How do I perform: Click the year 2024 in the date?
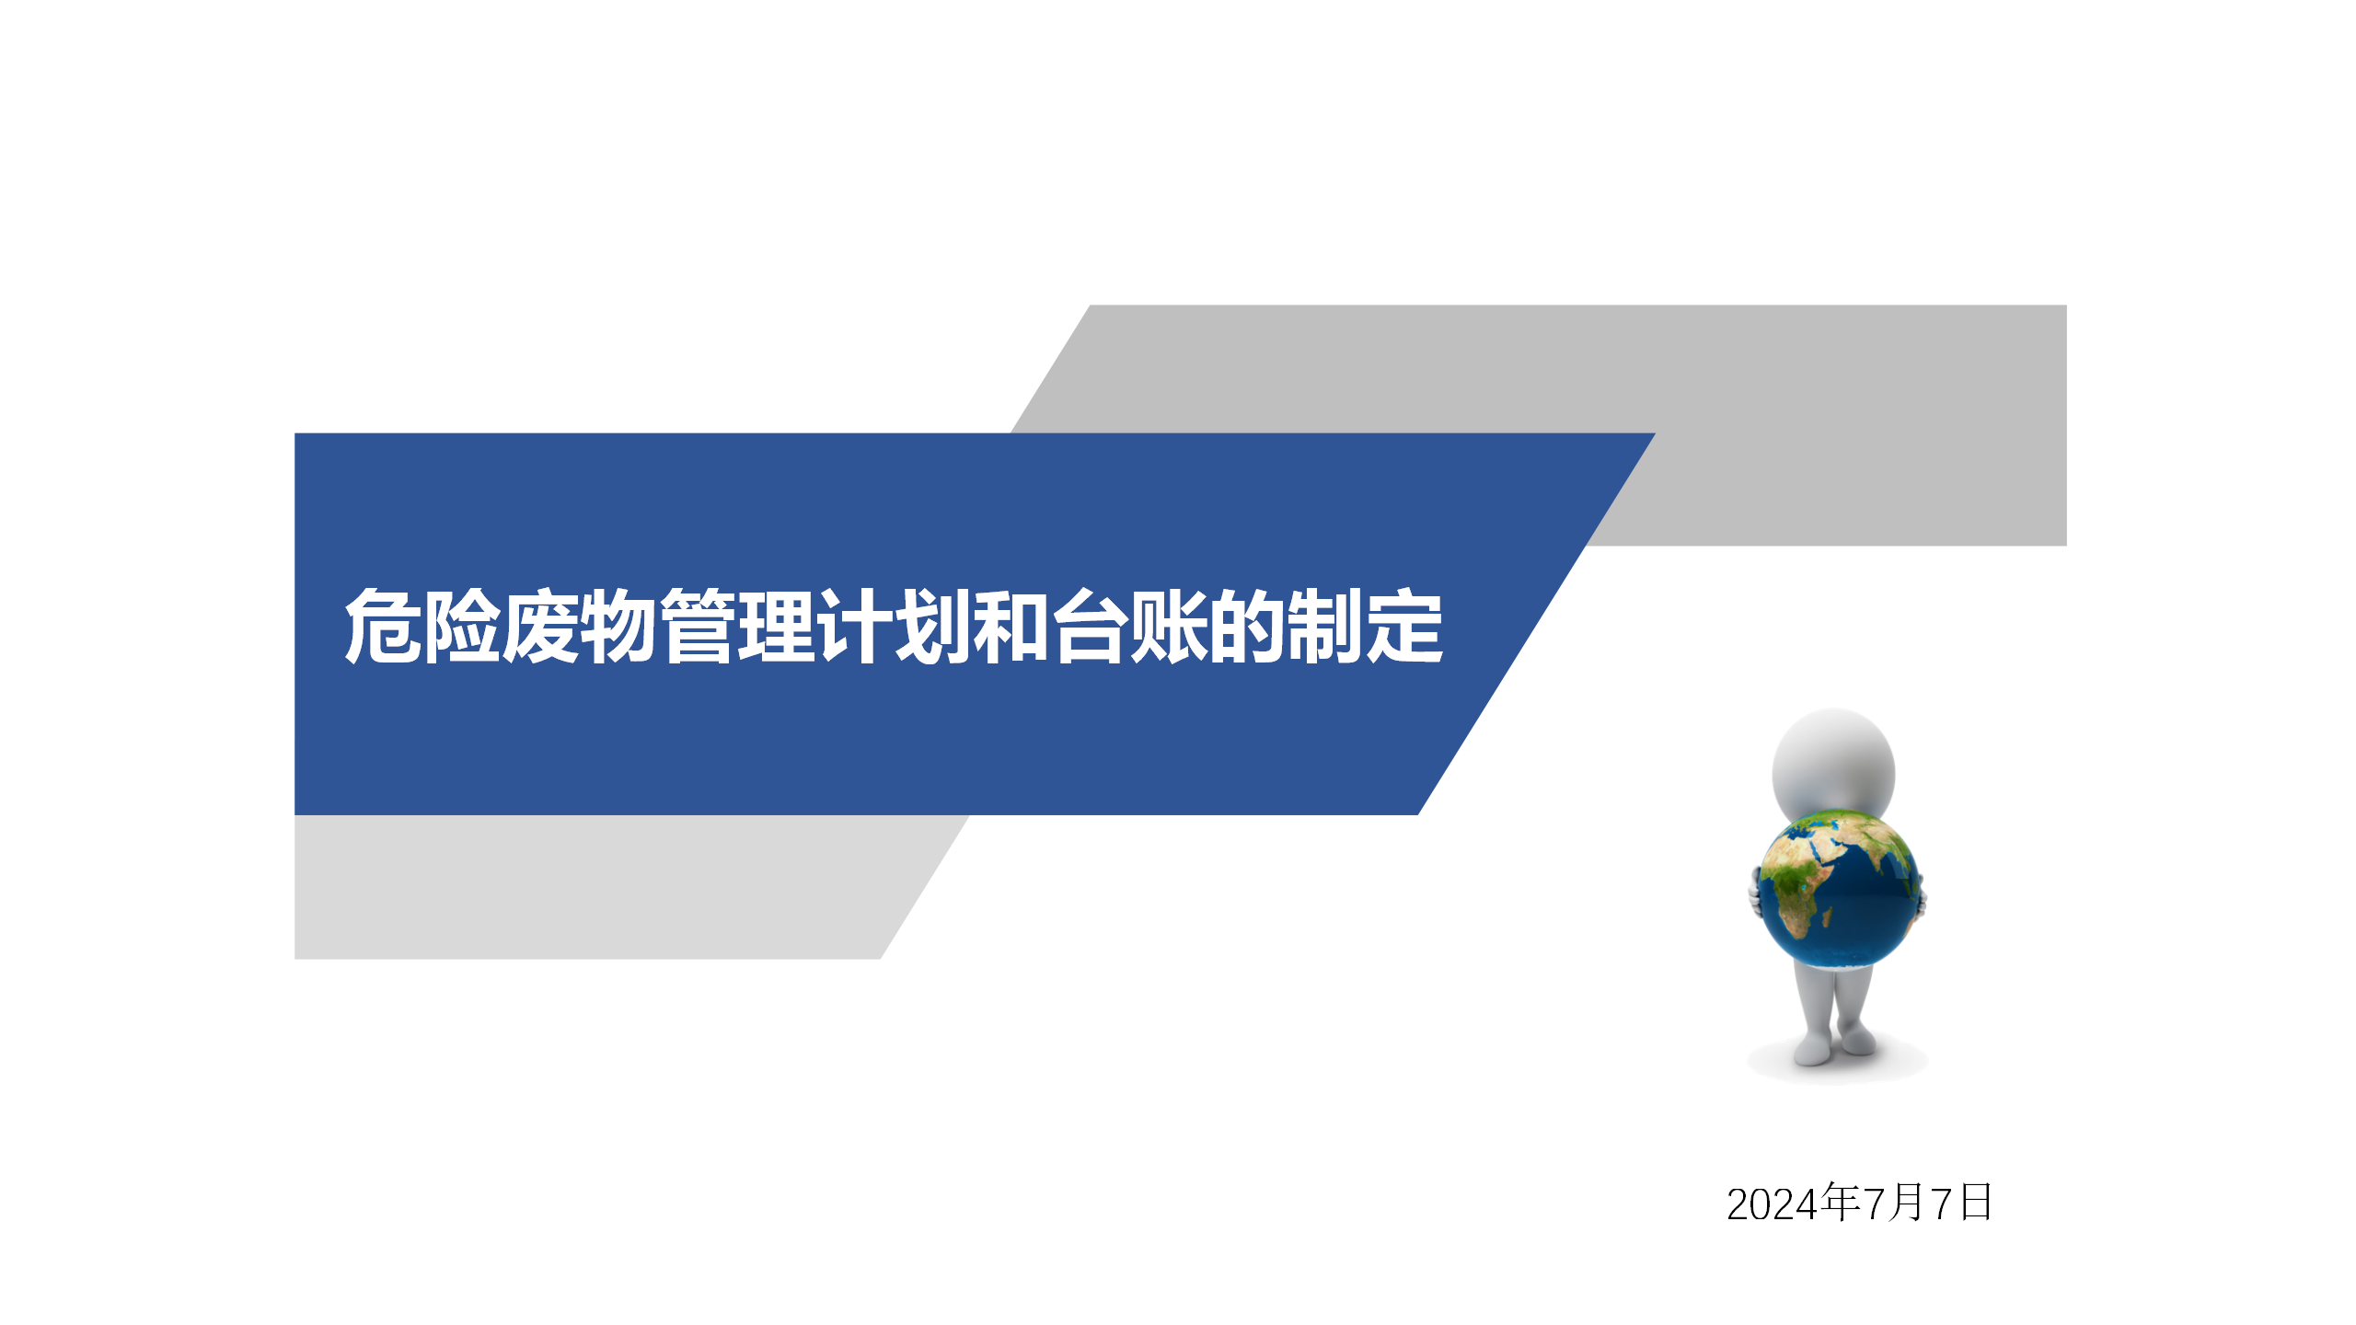pyautogui.click(x=1773, y=1204)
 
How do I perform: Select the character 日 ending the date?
pyautogui.click(x=1976, y=1203)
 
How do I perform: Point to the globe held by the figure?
pyautogui.click(x=1840, y=889)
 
